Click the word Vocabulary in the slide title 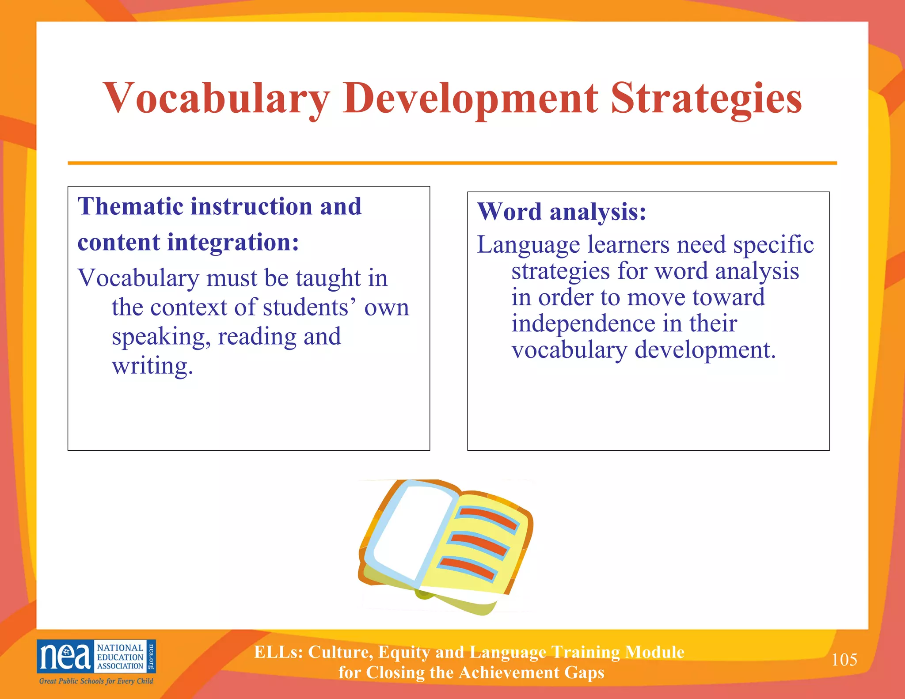coord(216,98)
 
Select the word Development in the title coord(470,98)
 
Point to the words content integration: coord(188,243)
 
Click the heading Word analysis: coord(562,212)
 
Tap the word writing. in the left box coord(152,366)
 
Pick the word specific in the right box coord(773,245)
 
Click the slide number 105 coord(844,660)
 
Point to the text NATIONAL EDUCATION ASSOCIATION coord(120,657)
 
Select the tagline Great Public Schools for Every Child coord(96,681)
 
